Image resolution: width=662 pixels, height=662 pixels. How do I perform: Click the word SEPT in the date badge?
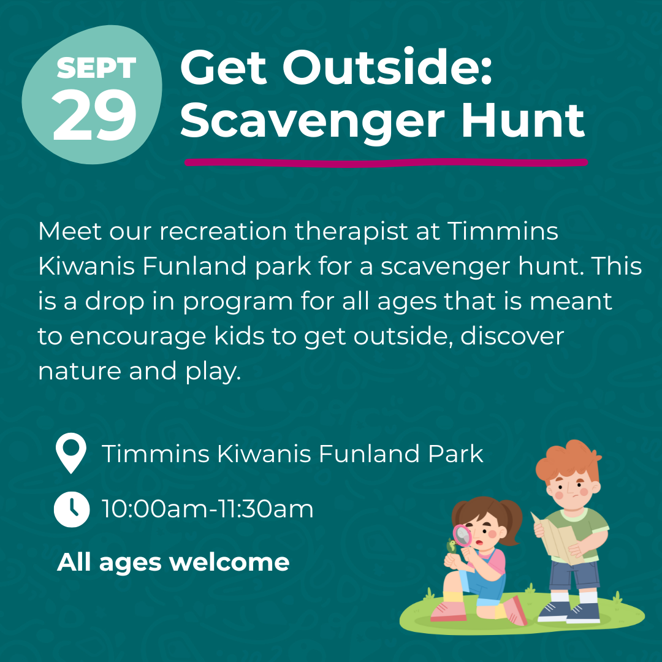click(x=96, y=67)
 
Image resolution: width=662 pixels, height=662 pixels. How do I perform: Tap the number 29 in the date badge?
click(x=94, y=115)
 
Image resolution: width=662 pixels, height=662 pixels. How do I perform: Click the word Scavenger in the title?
click(x=313, y=121)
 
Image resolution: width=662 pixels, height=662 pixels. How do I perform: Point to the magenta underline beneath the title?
click(x=386, y=162)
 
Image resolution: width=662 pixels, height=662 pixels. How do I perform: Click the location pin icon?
click(x=71, y=453)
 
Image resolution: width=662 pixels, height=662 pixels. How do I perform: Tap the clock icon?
click(x=72, y=509)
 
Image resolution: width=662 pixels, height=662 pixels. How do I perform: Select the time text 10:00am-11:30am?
click(x=208, y=509)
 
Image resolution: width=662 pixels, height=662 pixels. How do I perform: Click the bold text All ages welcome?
click(x=173, y=563)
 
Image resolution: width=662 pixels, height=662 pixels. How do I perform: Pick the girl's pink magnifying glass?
click(x=462, y=535)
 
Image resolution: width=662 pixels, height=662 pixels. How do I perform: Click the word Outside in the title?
click(x=387, y=67)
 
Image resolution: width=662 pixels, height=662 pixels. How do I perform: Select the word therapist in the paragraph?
click(x=352, y=232)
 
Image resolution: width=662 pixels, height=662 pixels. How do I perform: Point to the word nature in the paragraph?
click(x=80, y=371)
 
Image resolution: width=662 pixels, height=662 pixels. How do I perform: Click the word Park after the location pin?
click(x=455, y=454)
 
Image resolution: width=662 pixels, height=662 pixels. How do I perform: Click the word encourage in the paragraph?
click(x=138, y=337)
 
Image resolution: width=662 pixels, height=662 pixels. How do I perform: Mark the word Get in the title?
click(x=224, y=67)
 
